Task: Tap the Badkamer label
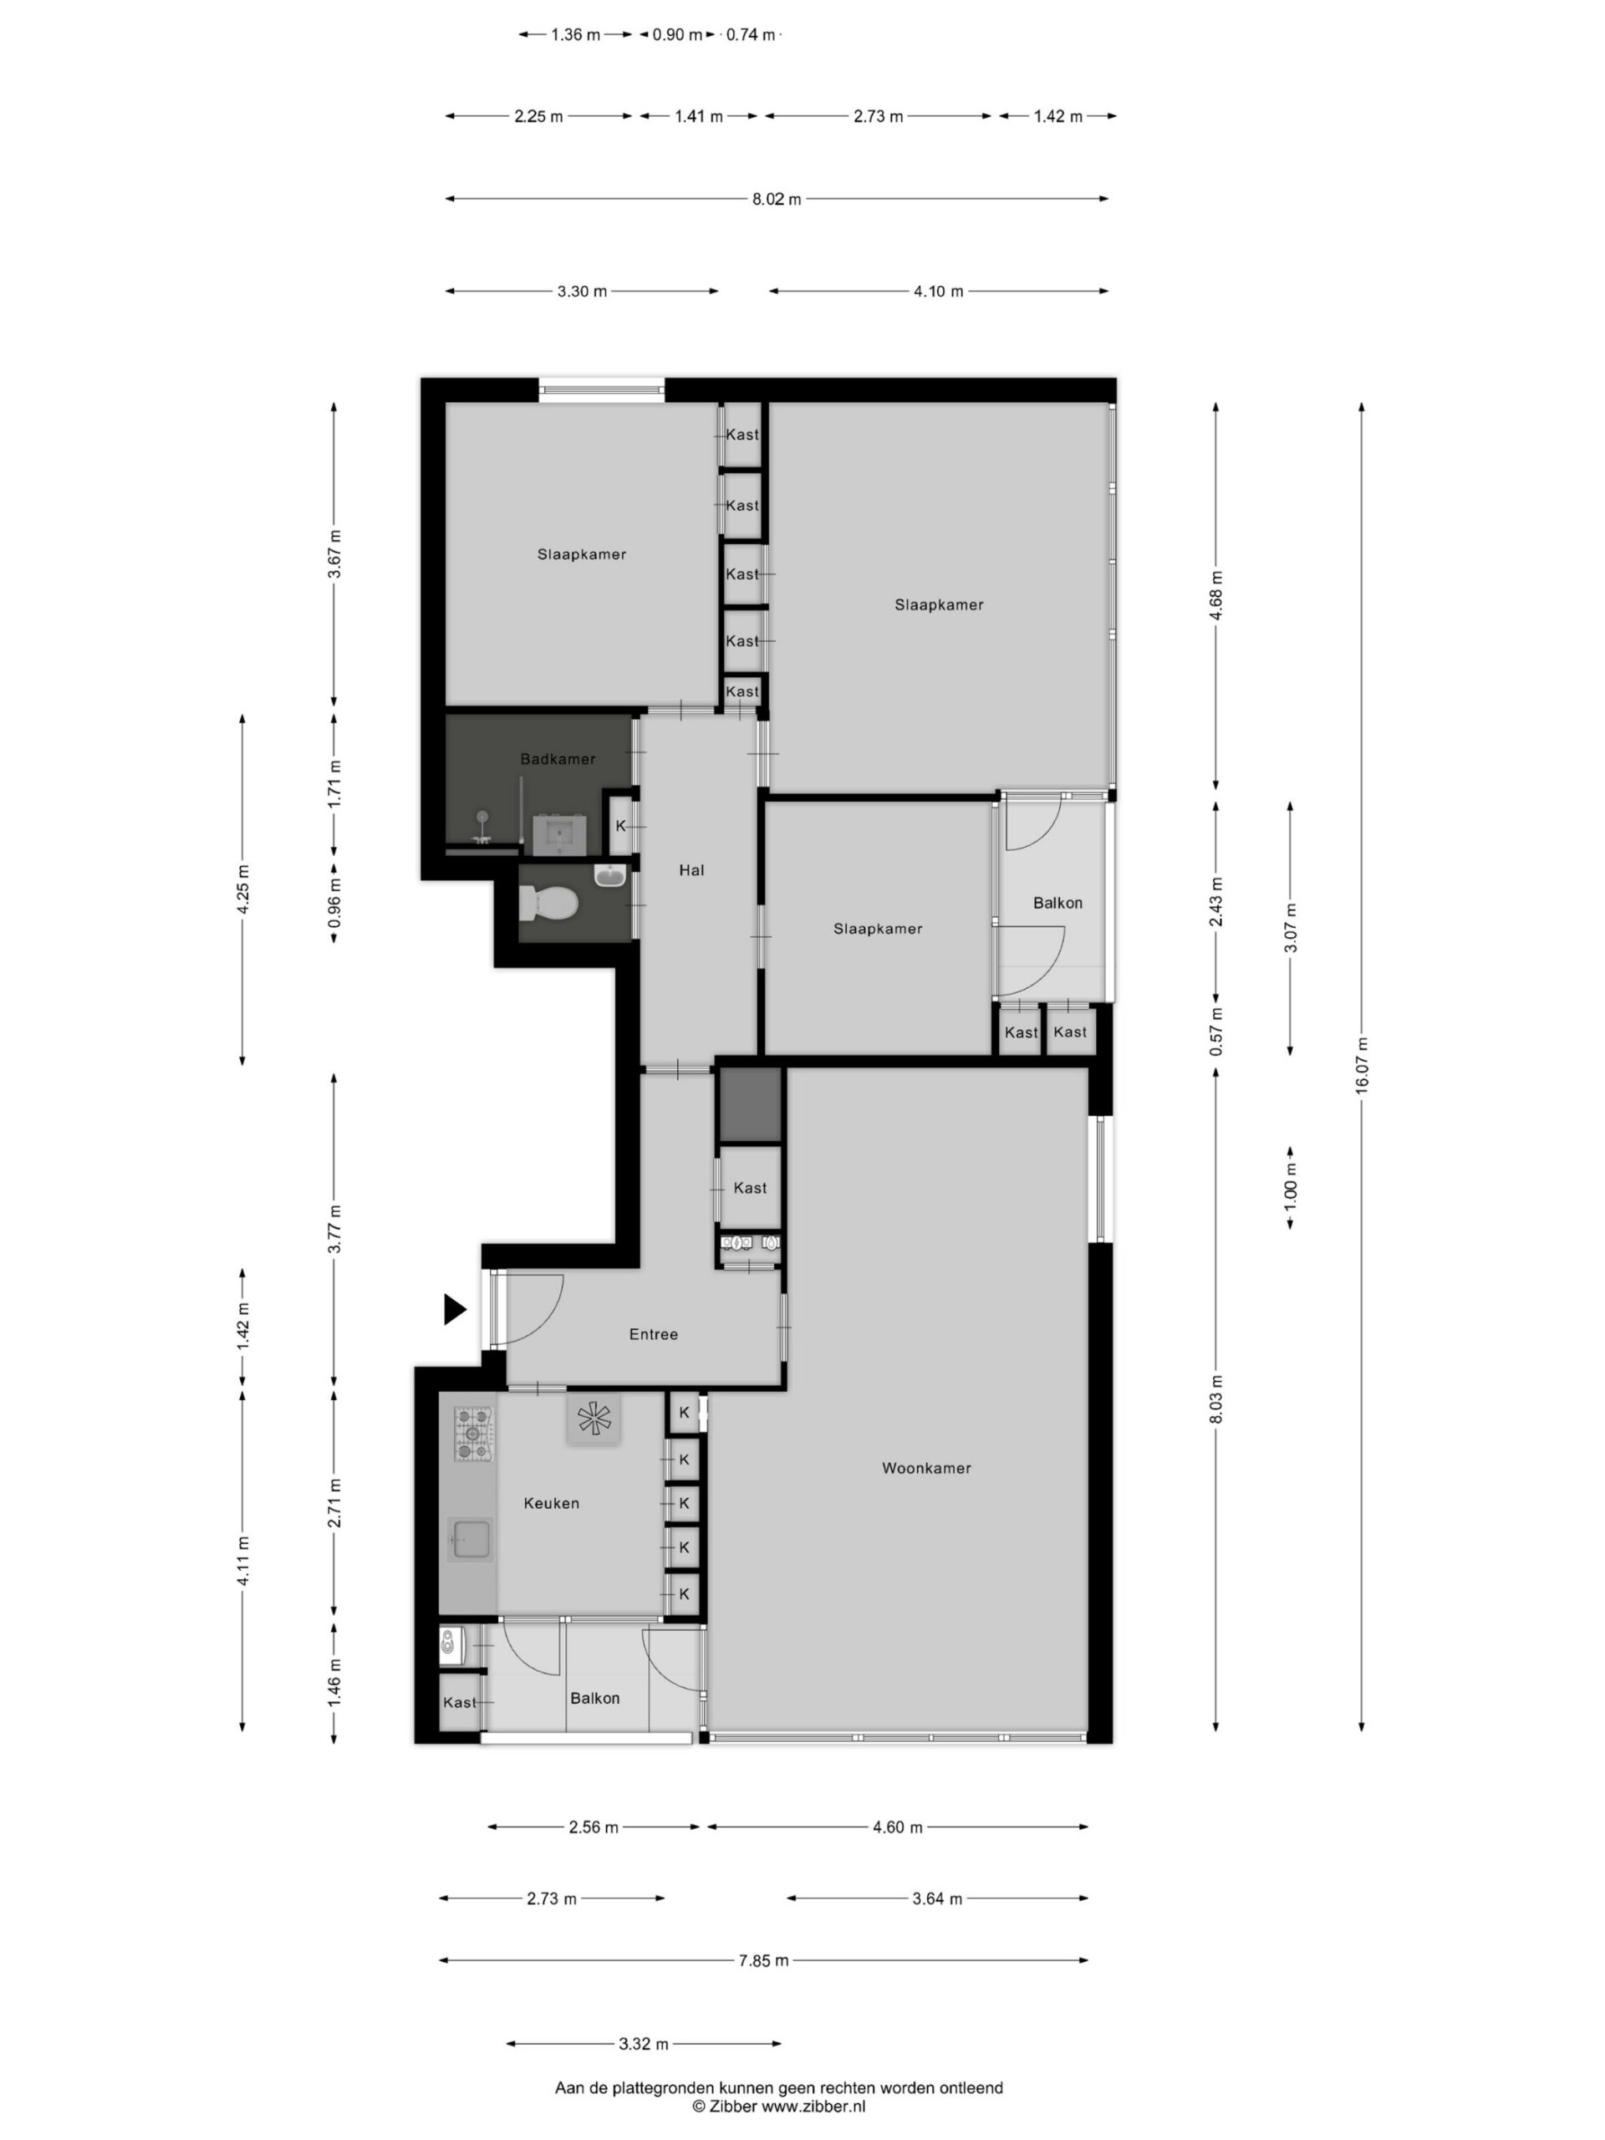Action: [x=558, y=758]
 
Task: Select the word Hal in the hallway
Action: [x=690, y=869]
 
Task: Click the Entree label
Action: [x=653, y=1334]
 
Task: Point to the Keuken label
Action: [x=552, y=1502]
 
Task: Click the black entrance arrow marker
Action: [x=455, y=1309]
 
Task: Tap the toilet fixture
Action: [x=548, y=904]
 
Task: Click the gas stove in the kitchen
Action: [x=475, y=1434]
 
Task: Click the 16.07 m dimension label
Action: [x=1361, y=1065]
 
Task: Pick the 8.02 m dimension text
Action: [x=777, y=199]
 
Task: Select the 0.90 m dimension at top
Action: [x=677, y=35]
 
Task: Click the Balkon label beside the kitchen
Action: [x=594, y=1698]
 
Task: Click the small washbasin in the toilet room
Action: [x=610, y=875]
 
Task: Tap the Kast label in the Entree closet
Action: [x=750, y=1187]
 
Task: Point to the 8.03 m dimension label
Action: [x=1216, y=1399]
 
